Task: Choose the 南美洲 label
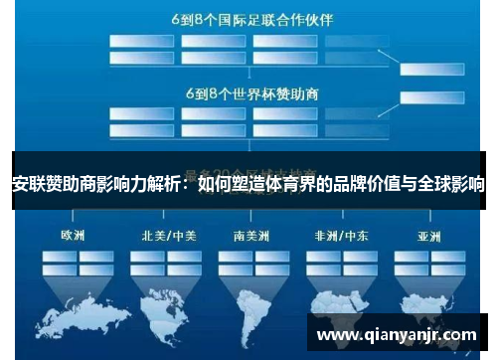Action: tap(251, 237)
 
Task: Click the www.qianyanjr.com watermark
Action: tap(396, 335)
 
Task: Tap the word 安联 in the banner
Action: tap(27, 182)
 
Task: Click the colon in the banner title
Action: tap(185, 182)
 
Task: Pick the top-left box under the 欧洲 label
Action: tap(58, 256)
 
